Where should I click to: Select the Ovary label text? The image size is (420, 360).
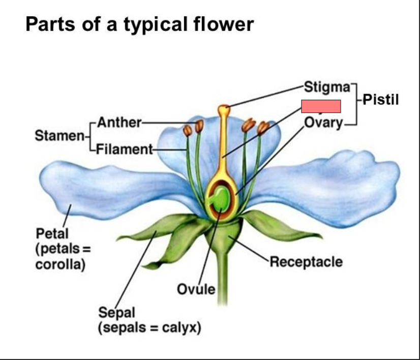[x=323, y=123]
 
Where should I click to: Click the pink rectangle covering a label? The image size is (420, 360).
[x=321, y=107]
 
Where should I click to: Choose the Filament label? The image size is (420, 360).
[x=124, y=149]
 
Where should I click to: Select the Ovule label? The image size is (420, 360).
[x=196, y=289]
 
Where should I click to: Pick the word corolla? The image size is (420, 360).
[x=59, y=264]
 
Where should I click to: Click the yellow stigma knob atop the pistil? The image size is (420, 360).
[x=224, y=109]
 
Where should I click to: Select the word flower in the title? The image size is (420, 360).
[x=227, y=24]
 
